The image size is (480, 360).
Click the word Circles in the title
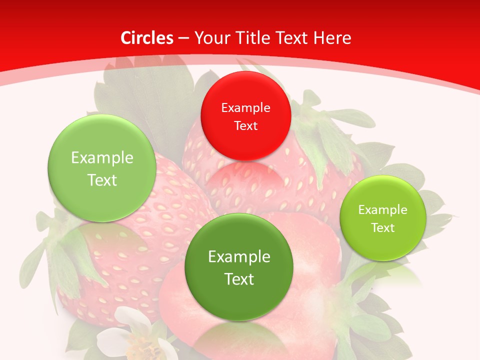point(147,38)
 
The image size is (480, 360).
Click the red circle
point(245,116)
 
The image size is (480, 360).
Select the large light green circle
point(102,168)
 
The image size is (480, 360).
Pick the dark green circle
point(239,267)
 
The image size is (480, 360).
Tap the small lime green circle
point(383,218)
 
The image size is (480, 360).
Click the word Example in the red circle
point(245,107)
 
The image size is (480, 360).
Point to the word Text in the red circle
point(245,125)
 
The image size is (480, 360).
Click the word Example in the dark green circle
point(239,257)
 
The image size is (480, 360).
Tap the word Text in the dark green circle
point(239,279)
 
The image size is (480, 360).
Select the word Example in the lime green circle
point(383,210)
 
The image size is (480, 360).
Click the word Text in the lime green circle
point(383,228)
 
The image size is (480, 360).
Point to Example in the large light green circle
point(102,158)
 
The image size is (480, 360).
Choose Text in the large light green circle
point(102,180)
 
